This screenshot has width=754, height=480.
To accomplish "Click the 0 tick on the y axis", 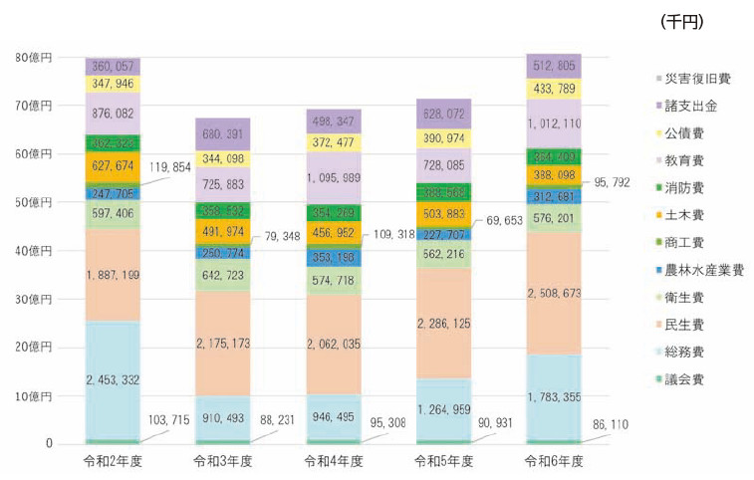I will pos(47,444).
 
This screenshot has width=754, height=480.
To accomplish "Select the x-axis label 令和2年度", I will pos(112,462).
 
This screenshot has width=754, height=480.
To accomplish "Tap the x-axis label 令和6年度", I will pos(554,462).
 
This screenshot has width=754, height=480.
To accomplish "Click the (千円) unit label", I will pos(682,21).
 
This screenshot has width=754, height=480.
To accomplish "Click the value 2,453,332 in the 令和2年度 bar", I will pos(112,378).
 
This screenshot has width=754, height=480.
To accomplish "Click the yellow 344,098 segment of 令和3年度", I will pos(222,158).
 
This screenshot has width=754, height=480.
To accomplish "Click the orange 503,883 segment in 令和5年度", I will pos(444,215).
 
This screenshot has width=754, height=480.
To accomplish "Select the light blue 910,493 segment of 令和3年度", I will pos(222,410).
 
